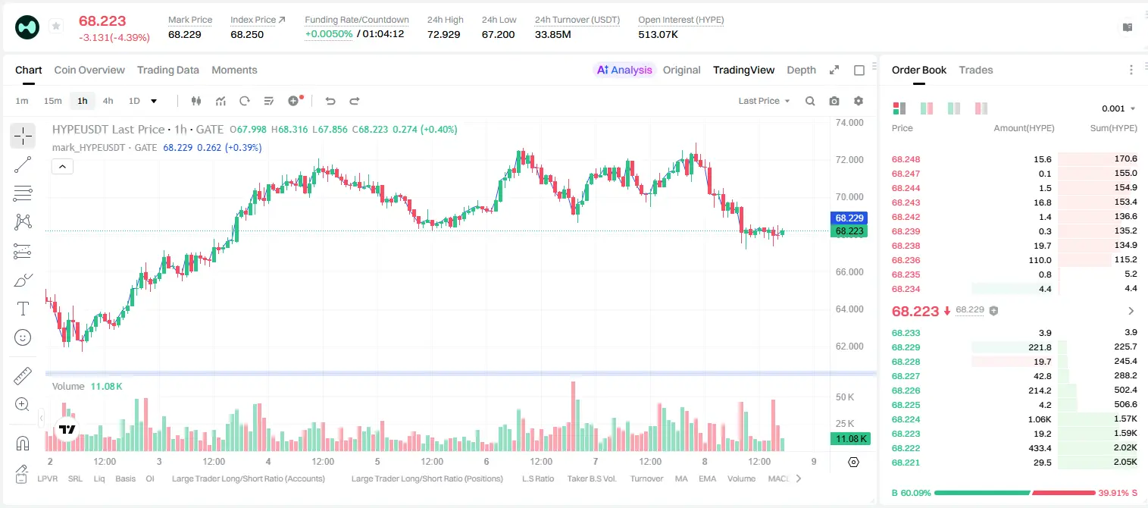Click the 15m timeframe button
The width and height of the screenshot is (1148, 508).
click(52, 101)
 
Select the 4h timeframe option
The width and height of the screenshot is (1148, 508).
click(108, 101)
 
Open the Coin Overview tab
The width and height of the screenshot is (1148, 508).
click(89, 70)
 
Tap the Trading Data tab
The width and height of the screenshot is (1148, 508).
click(167, 70)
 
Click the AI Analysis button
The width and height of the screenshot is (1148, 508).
click(624, 70)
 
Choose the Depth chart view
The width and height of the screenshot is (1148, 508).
click(801, 70)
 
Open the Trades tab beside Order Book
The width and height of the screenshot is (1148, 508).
click(976, 70)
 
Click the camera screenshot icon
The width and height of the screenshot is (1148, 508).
click(834, 101)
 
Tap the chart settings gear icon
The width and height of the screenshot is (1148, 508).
click(859, 101)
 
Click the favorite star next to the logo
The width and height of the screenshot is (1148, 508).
click(56, 26)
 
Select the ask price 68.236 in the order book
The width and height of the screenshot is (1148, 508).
click(906, 260)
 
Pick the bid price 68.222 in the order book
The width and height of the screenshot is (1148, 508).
click(906, 448)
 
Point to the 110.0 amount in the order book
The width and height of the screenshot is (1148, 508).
click(1040, 260)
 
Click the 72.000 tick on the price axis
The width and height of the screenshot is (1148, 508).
click(849, 159)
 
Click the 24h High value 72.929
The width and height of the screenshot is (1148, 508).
click(444, 34)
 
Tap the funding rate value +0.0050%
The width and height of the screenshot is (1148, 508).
click(329, 34)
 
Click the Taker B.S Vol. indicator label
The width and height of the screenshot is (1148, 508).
click(591, 478)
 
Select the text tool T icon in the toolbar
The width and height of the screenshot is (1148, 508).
click(23, 309)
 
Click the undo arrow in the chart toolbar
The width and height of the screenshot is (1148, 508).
click(330, 101)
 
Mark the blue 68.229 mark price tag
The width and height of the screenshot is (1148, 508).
click(849, 218)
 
